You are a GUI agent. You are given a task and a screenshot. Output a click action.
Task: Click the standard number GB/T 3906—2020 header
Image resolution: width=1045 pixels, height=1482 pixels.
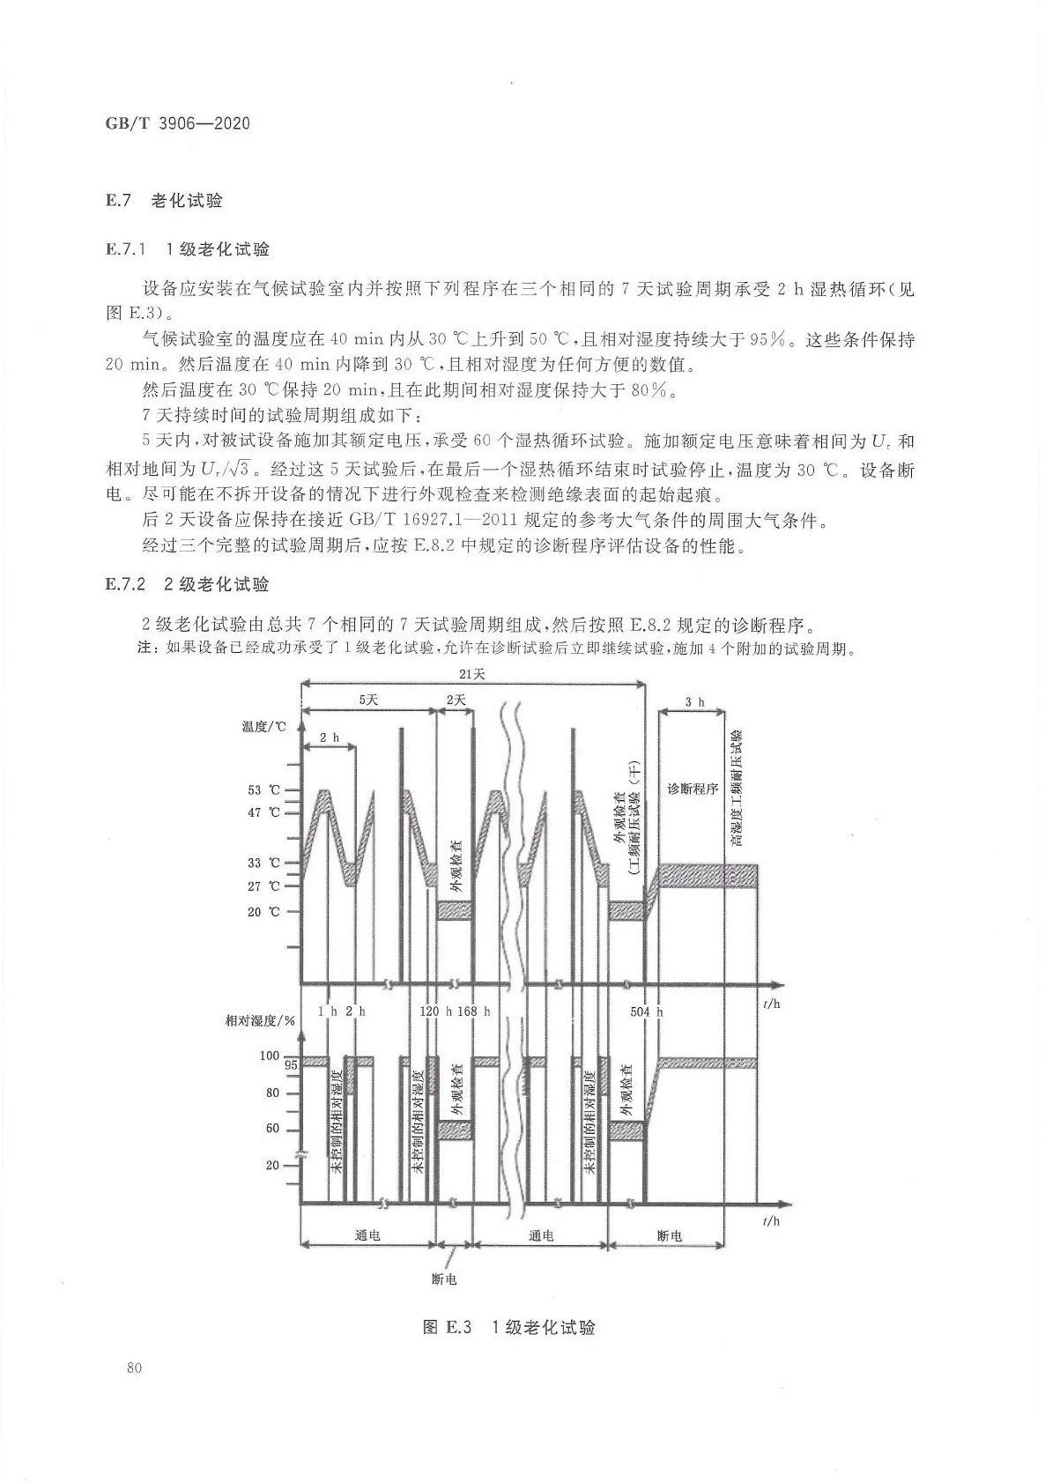178,123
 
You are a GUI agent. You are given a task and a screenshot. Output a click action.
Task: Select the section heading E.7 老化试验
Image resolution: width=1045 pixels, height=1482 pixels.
165,201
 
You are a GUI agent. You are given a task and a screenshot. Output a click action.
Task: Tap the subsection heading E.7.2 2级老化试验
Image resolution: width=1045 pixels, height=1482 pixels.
188,583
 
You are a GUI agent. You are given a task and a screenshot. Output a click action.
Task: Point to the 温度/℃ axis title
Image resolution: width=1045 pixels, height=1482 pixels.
263,727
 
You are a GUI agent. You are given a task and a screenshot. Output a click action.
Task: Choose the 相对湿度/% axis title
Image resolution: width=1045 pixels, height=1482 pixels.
260,1020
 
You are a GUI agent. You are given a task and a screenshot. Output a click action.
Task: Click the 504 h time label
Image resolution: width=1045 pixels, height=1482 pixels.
646,1011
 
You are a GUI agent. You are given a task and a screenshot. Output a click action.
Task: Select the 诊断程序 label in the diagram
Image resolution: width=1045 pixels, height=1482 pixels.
693,788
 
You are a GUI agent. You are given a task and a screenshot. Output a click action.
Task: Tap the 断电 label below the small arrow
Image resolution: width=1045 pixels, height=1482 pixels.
444,1278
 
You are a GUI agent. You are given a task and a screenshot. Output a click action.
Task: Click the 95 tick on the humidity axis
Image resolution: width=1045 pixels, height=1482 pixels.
290,1065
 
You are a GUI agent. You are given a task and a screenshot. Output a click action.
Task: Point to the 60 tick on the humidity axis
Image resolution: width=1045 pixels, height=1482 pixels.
272,1129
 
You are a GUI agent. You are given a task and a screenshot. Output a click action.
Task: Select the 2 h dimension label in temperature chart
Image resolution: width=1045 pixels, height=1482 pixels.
329,737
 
